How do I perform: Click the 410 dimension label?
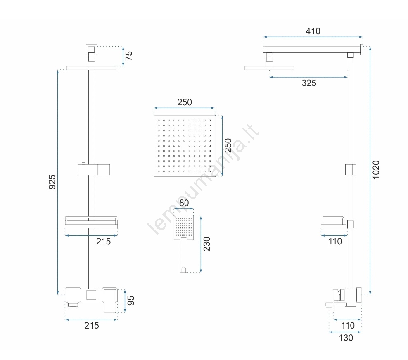tap(313, 31)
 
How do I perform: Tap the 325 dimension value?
tap(309, 83)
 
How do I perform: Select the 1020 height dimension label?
tap(376, 170)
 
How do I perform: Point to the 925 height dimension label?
tap(52, 182)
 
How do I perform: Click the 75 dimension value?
tap(129, 56)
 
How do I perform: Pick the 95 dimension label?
tap(130, 301)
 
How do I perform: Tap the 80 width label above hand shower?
tap(184, 203)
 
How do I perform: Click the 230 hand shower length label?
tap(206, 244)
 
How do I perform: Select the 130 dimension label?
tap(346, 338)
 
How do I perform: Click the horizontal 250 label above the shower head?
tap(185, 102)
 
